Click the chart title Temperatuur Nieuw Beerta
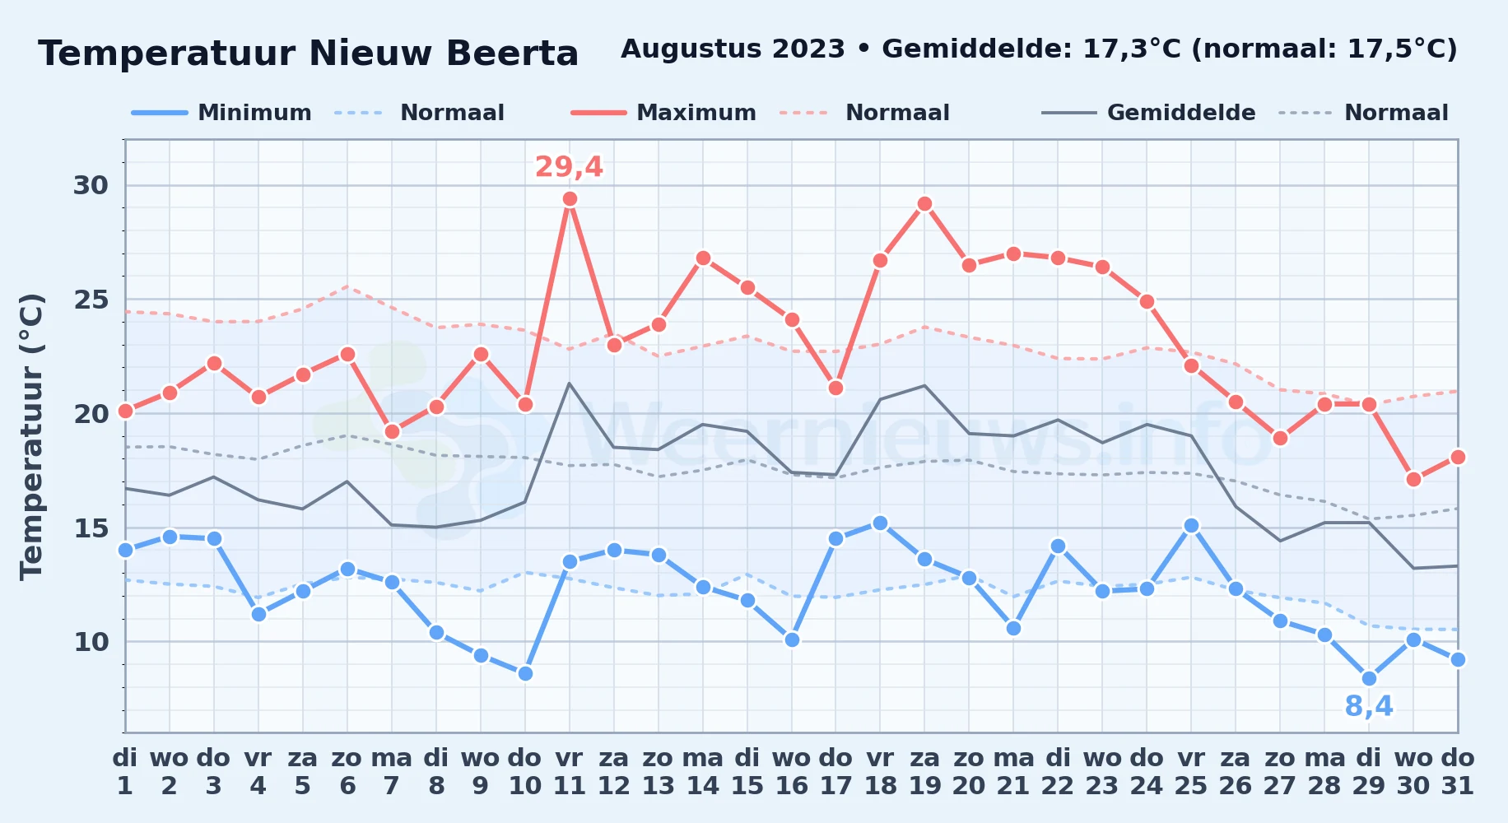(308, 53)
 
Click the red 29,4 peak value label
(569, 167)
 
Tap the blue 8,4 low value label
(1369, 706)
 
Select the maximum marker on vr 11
(570, 198)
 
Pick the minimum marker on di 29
(1369, 678)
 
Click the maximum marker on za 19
(924, 203)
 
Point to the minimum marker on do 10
(525, 673)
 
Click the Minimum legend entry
(221, 113)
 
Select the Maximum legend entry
(663, 113)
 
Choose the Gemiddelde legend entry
(1148, 113)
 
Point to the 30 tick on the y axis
(91, 185)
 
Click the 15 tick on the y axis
(91, 528)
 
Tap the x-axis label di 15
(747, 771)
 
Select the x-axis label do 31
(1458, 771)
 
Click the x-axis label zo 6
(347, 771)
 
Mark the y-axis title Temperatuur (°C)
(31, 436)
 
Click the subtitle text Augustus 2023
(733, 49)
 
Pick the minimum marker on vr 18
(880, 523)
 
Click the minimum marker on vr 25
(1191, 525)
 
